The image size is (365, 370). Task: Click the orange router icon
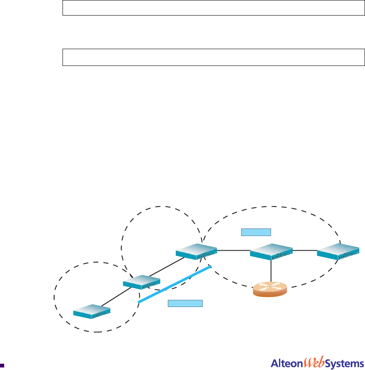point(270,289)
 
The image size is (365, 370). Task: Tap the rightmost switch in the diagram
point(339,251)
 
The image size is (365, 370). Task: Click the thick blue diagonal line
point(174,284)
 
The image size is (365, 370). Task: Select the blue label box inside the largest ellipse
point(256,231)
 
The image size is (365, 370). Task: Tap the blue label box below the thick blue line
point(185,303)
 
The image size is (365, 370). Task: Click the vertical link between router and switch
point(271,271)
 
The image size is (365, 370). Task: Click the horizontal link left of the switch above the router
point(233,250)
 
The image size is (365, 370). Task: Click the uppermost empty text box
point(213,8)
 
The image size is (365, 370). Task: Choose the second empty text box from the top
point(213,57)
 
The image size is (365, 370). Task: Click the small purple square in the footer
point(3,365)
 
